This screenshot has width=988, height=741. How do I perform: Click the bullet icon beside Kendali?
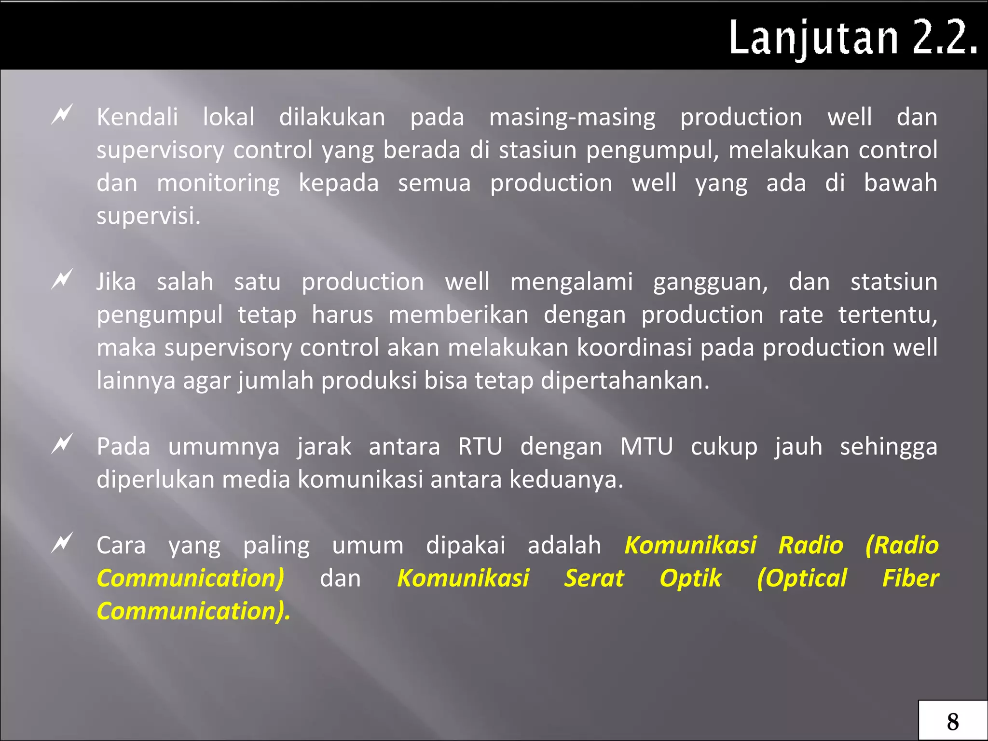point(62,115)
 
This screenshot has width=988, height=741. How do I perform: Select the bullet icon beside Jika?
point(62,279)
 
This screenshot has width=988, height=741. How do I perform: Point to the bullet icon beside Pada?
point(62,444)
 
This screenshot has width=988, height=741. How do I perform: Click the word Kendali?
point(137,117)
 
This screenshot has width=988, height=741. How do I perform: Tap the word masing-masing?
point(572,117)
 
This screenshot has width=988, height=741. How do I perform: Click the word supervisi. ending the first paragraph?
point(148,216)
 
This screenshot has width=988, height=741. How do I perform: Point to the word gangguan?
point(710,283)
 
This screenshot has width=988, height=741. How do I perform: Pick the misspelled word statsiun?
point(893,282)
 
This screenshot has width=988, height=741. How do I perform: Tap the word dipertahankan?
point(625,381)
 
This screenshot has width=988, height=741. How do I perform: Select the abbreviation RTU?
point(480,446)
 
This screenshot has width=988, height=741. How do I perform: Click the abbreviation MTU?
point(646,446)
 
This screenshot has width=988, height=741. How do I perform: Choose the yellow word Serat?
point(594,578)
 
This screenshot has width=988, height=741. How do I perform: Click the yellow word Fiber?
point(910,578)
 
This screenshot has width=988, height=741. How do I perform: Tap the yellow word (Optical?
point(802,578)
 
